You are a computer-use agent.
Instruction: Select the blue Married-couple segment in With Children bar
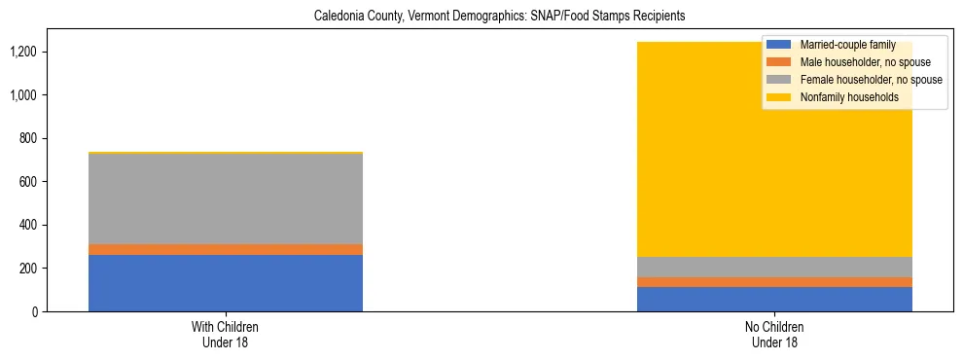click(226, 283)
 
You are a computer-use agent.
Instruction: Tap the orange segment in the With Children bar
click(226, 250)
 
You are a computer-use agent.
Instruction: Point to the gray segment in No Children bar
click(774, 268)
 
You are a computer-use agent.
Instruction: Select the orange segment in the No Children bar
click(774, 282)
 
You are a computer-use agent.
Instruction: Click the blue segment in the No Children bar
click(774, 300)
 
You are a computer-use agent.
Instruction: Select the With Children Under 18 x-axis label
click(226, 335)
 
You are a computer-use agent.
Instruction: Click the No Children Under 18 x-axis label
click(774, 335)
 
